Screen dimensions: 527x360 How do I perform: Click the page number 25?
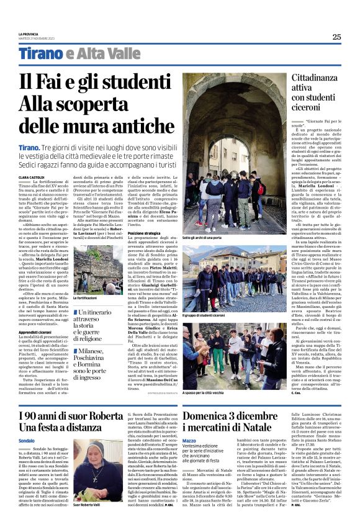336,37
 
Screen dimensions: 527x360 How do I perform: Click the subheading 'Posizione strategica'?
145,233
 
